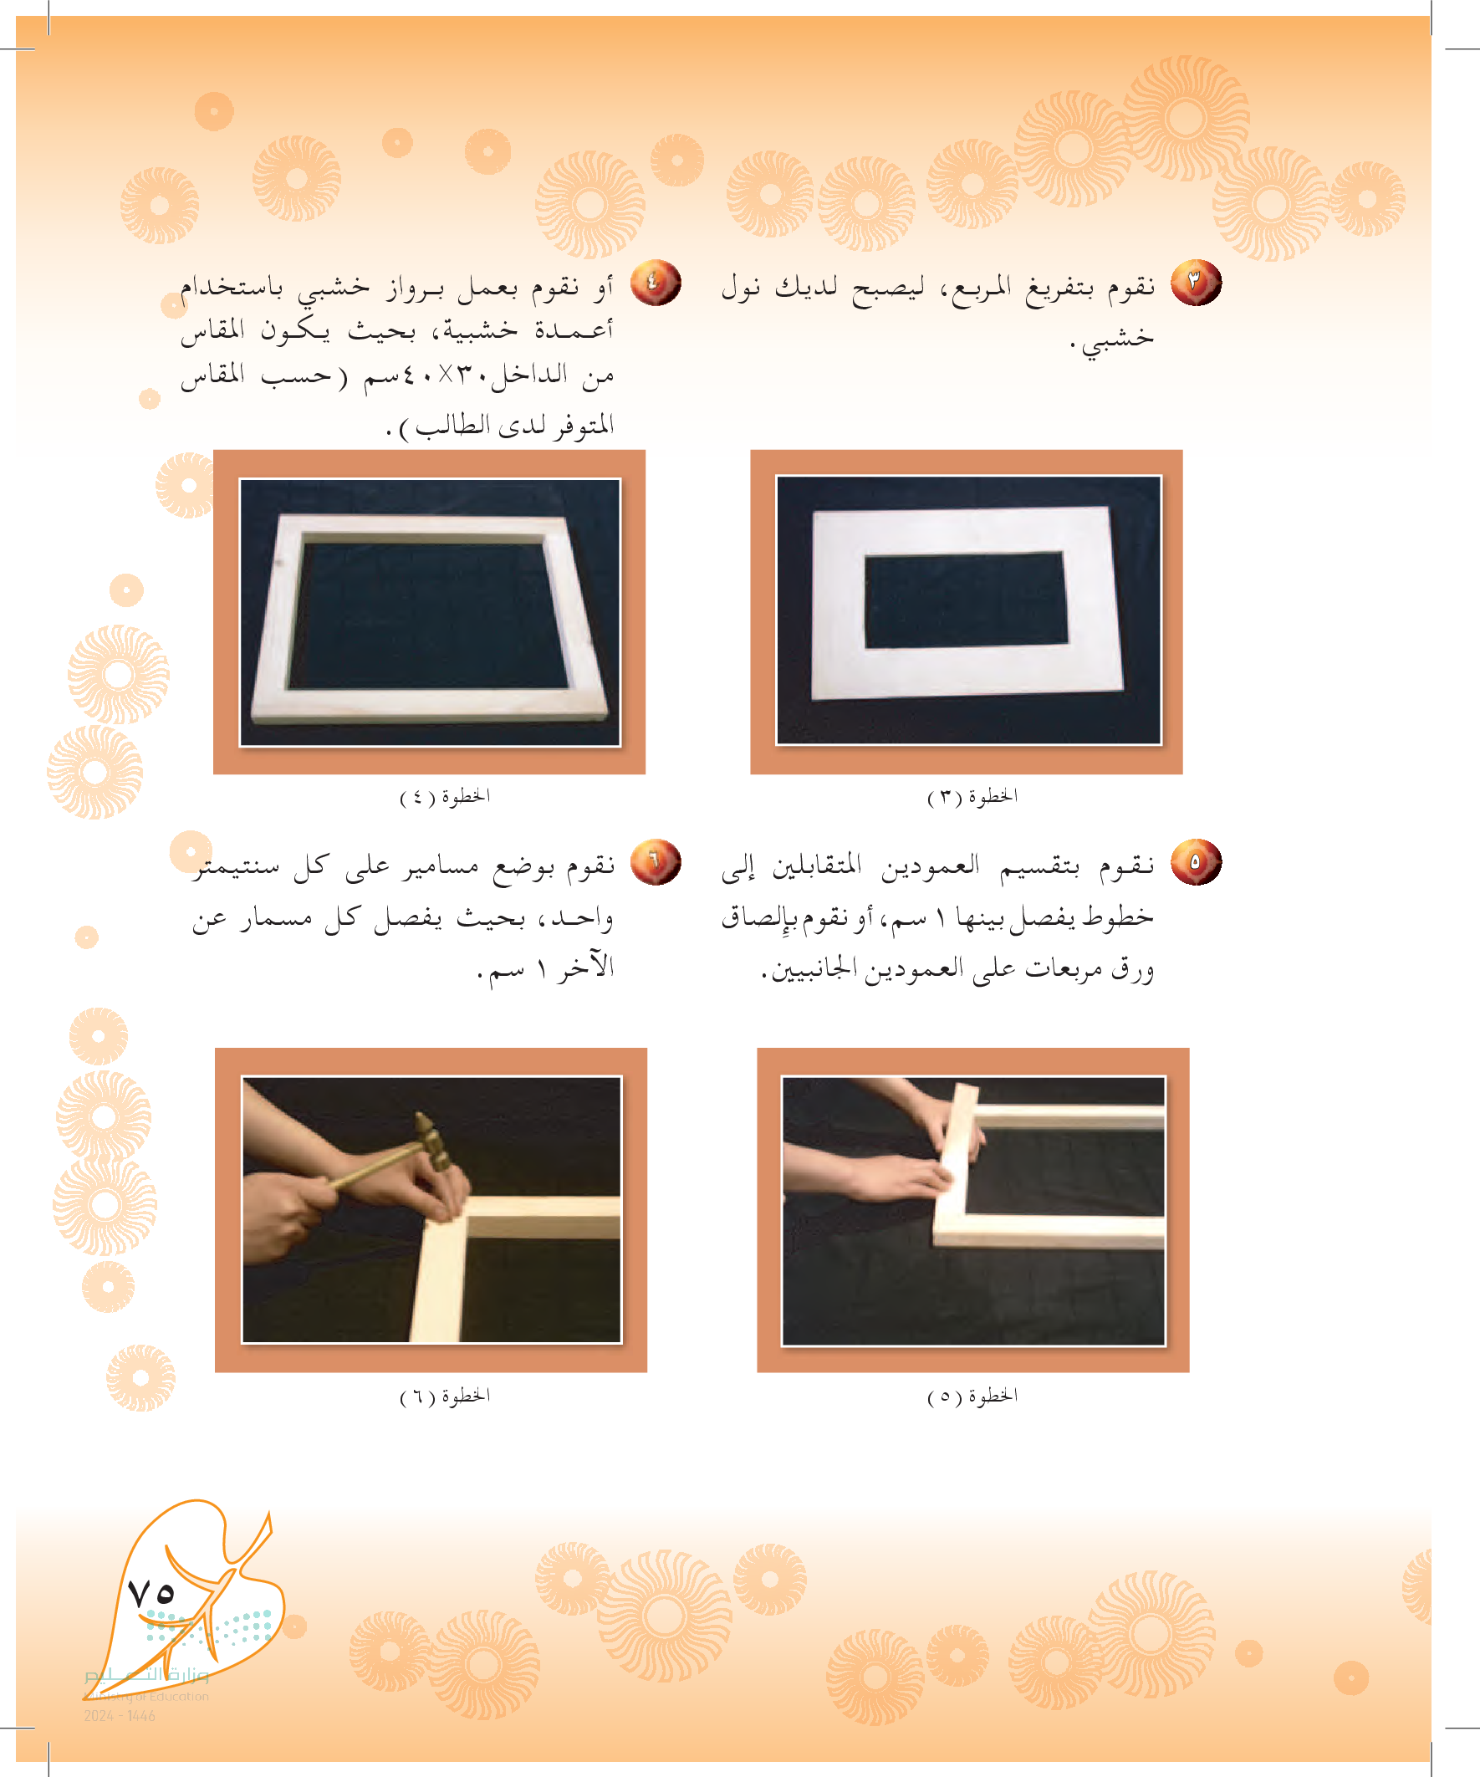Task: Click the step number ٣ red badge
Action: [1196, 283]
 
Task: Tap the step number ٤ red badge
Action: [655, 283]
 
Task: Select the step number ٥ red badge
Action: [1196, 862]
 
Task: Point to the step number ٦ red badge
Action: [655, 862]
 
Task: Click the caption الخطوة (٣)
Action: [972, 797]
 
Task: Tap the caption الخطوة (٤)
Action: [445, 797]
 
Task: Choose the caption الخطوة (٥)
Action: [972, 1397]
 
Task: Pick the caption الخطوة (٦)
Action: [445, 1397]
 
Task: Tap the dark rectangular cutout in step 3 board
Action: [965, 600]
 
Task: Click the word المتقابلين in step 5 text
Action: [817, 865]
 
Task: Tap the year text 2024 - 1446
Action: [120, 1716]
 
